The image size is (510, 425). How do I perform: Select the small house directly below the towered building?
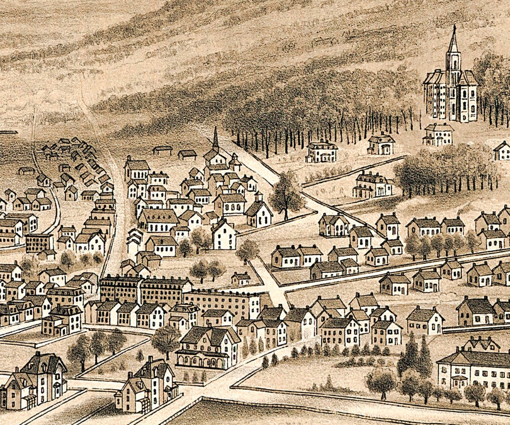[438, 134]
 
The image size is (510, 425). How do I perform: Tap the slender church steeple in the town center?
[216, 138]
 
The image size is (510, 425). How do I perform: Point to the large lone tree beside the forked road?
[285, 194]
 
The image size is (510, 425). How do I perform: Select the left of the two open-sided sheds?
[162, 150]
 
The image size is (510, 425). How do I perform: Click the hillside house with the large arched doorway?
[381, 144]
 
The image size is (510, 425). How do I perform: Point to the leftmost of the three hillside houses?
[321, 151]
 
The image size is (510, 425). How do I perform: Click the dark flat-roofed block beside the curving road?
[39, 242]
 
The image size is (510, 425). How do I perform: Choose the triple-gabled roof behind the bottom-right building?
[481, 344]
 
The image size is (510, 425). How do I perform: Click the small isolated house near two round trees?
[241, 279]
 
